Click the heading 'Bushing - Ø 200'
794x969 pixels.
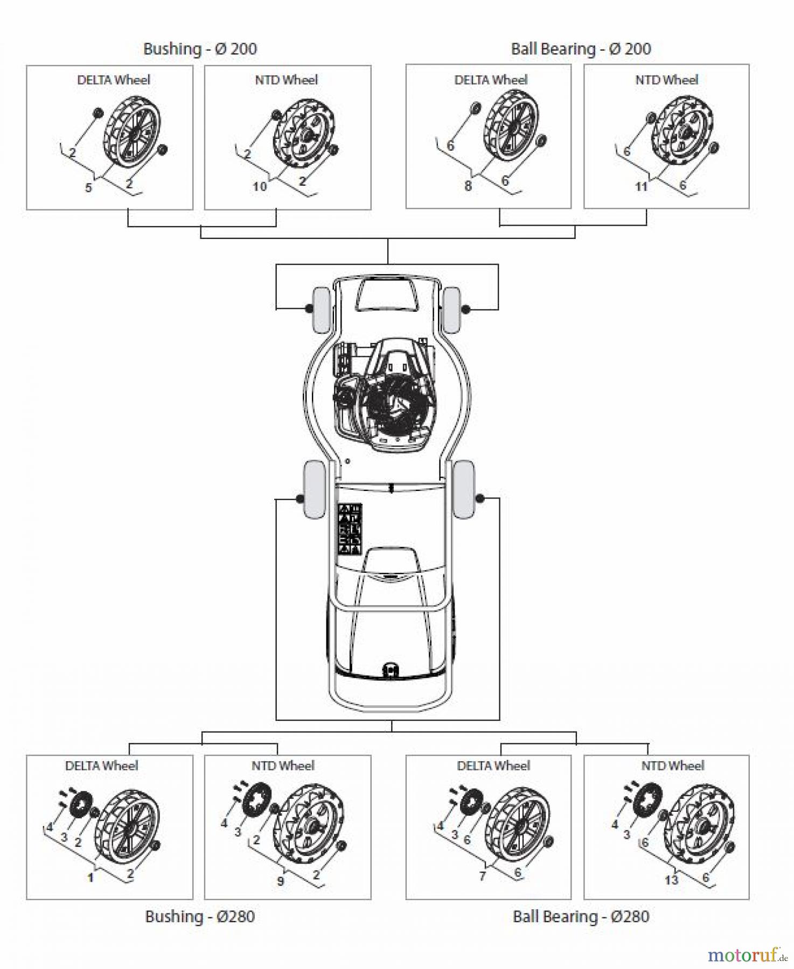coord(200,49)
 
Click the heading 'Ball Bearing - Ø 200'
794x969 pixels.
coord(581,49)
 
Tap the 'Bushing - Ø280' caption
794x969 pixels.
coord(200,916)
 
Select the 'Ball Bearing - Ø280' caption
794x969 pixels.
coord(581,916)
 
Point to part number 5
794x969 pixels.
coord(89,188)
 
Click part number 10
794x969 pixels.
coord(260,187)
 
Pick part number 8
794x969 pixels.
coord(468,186)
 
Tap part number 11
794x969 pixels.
coord(641,187)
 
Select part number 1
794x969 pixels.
coord(90,878)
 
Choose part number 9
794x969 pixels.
coord(280,881)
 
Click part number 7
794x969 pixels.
coord(483,876)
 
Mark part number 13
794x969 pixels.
coord(671,880)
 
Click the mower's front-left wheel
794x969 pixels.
coord(321,310)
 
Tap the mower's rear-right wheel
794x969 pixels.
coord(464,489)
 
